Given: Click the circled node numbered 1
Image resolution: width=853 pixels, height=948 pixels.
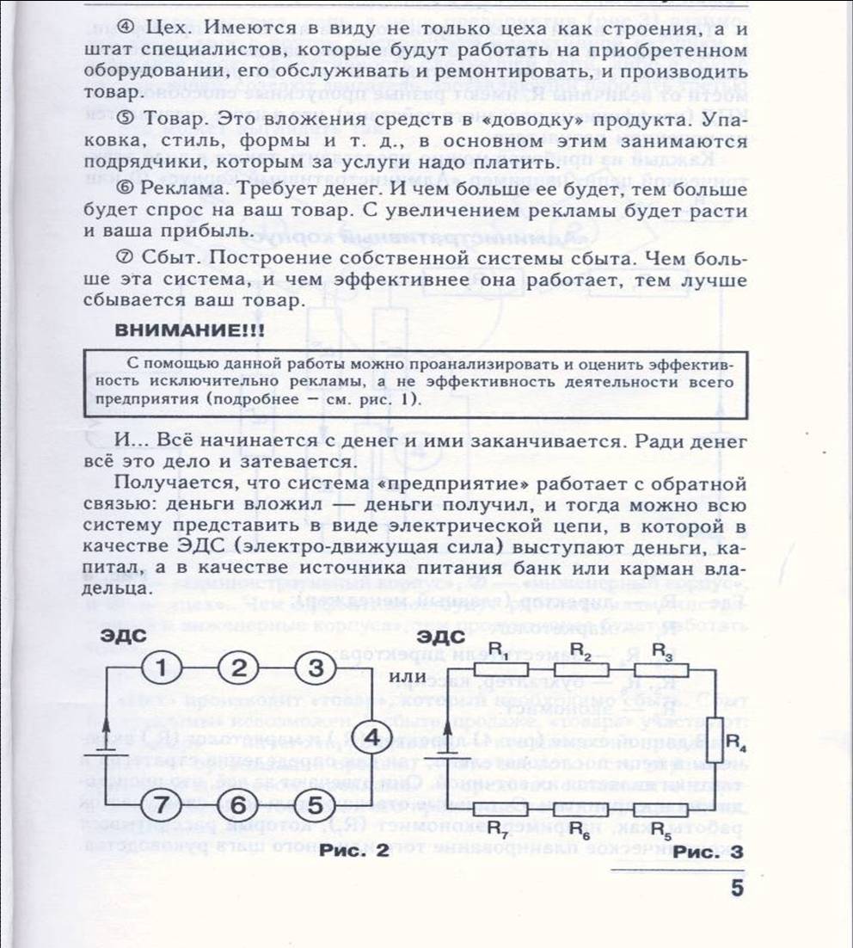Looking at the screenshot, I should click(163, 668).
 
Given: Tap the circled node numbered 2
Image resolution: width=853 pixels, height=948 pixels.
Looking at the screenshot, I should click(242, 668).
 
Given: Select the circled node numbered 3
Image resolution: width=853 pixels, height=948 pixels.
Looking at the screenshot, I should click(316, 668).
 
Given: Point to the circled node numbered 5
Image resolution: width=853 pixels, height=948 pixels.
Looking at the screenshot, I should click(316, 806).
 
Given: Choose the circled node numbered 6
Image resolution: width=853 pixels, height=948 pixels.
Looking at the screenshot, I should click(242, 806).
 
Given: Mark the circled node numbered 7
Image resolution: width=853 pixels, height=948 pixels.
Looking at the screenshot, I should click(163, 806).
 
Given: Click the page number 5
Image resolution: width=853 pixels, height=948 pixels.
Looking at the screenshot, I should click(737, 888).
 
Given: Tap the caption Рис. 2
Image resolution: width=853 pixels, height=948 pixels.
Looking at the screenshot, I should click(353, 851).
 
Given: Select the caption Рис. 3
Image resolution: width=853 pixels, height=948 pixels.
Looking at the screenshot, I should click(709, 851).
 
